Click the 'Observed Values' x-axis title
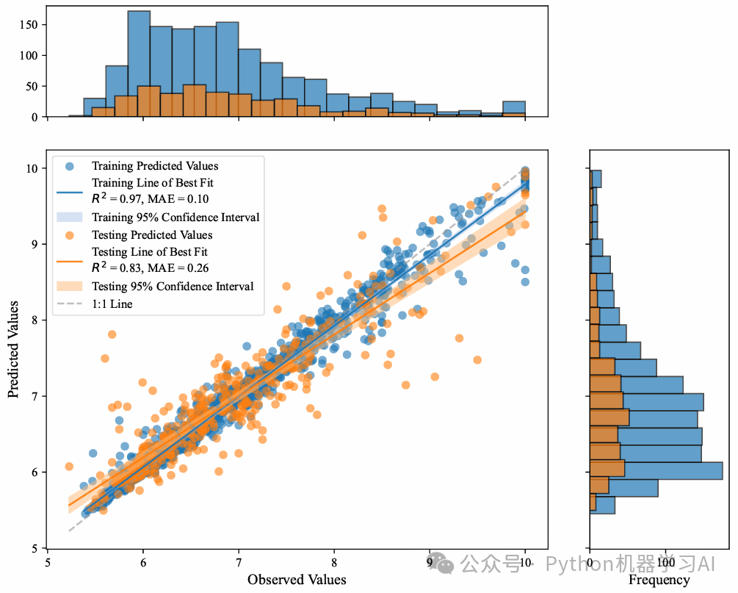click(297, 579)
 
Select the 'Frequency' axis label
click(659, 580)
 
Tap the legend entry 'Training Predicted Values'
click(155, 166)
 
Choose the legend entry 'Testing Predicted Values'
click(152, 235)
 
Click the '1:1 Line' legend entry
click(112, 303)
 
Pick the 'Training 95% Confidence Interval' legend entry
click(176, 218)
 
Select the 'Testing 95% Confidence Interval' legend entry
click(173, 286)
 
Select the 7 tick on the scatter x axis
click(239, 563)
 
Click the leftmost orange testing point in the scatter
click(69, 466)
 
